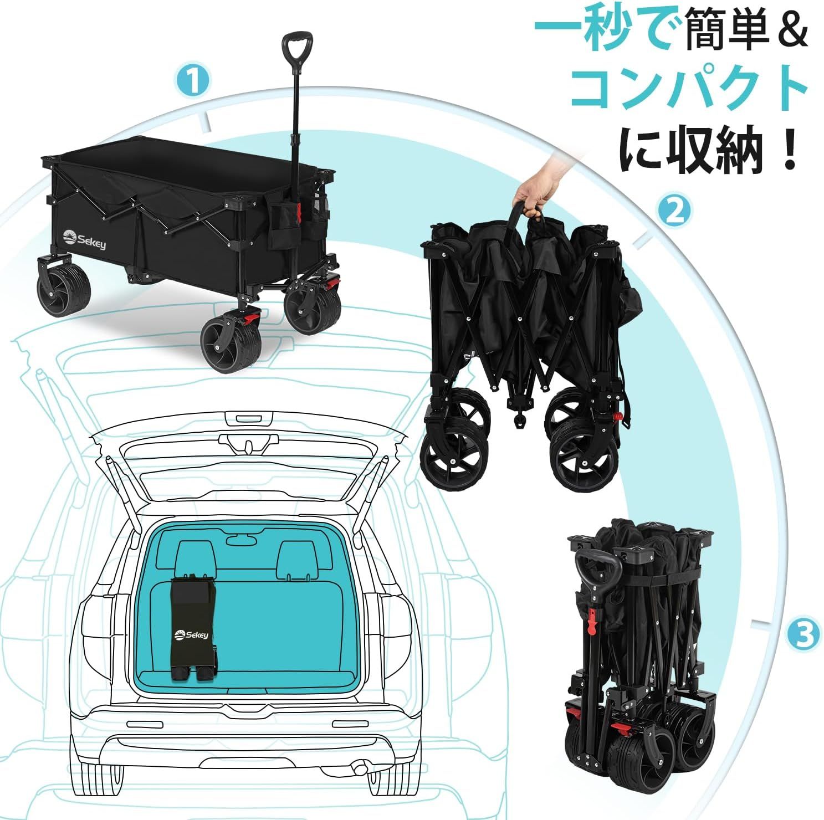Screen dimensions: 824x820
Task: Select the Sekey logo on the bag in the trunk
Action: tap(191, 634)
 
